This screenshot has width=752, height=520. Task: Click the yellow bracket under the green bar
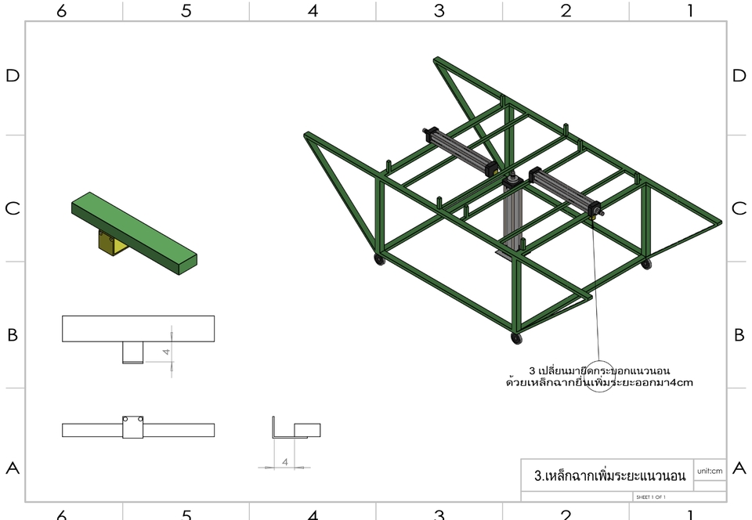pos(110,244)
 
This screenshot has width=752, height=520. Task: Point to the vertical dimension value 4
pos(166,352)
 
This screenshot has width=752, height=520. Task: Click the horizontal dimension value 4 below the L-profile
pos(284,462)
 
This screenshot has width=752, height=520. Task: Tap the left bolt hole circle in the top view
pos(127,420)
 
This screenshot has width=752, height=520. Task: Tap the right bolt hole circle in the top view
pos(139,420)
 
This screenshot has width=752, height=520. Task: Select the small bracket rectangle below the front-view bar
pos(132,352)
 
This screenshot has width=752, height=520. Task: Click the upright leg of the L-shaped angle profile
pos(273,428)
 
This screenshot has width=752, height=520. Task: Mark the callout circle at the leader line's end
pos(599,377)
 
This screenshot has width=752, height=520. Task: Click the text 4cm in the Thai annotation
pos(681,383)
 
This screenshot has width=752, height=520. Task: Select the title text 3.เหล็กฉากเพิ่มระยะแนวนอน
pos(609,475)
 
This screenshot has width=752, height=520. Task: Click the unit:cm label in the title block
pos(709,471)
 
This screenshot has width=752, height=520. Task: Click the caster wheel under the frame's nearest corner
pos(516,338)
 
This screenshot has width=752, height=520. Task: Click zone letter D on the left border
pos(13,76)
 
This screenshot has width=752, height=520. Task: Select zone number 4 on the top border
pos(313,11)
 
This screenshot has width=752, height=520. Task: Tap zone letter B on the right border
pos(739,335)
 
